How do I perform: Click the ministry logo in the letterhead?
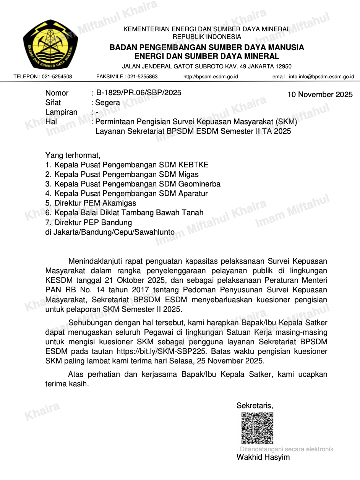point(50,44)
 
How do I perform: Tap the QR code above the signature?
point(258,428)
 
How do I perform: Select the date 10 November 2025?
point(320,94)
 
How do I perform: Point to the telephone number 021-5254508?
point(57,77)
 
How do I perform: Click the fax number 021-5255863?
point(143,77)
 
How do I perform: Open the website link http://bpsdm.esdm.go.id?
point(211,77)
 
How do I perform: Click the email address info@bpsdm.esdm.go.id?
point(326,77)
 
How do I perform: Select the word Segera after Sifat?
point(107,102)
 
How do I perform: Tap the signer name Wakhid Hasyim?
point(263,457)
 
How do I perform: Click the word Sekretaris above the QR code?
point(255,405)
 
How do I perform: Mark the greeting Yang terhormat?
point(73,156)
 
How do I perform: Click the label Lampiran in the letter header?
point(61,112)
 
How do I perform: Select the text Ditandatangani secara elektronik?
point(287,449)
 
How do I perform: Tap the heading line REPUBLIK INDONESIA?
point(207,37)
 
